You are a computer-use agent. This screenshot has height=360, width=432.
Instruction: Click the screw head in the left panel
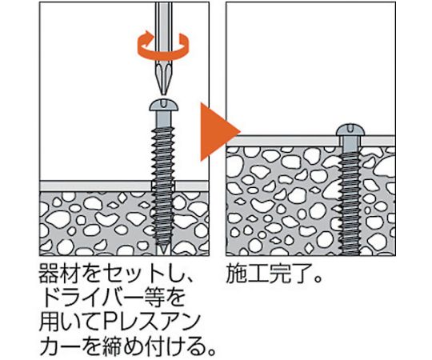(x=164, y=105)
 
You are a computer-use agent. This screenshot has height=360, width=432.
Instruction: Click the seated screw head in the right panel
(x=350, y=130)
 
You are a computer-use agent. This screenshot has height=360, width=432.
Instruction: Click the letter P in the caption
(x=111, y=323)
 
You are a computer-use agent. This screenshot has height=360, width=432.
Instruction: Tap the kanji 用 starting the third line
(x=50, y=323)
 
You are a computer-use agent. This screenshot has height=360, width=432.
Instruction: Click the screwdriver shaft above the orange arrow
(x=163, y=18)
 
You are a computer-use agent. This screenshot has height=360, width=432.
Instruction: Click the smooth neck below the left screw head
(x=164, y=119)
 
